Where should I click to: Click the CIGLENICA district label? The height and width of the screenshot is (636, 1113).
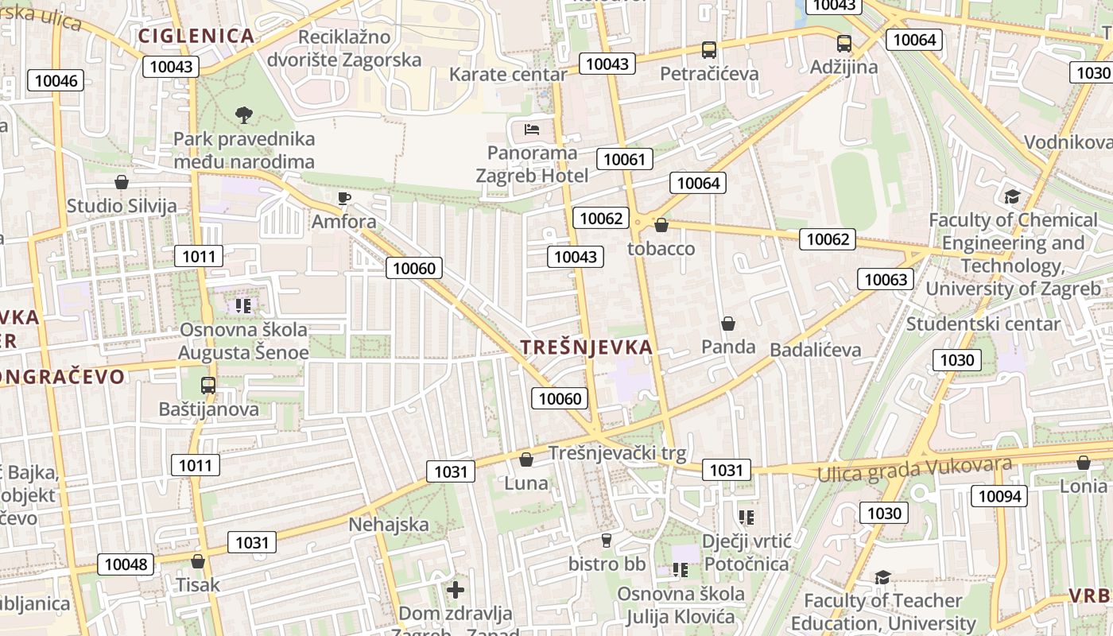[196, 36]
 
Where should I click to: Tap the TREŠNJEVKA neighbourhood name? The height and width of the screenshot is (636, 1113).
[587, 347]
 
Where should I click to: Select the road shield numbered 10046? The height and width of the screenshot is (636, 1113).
[56, 80]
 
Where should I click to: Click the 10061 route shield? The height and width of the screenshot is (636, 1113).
[624, 159]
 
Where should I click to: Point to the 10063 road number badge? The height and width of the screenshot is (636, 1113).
[886, 279]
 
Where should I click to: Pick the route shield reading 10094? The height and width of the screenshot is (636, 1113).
[999, 496]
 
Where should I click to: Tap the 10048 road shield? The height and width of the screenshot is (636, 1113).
[126, 564]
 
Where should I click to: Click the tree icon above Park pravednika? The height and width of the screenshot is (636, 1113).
[244, 115]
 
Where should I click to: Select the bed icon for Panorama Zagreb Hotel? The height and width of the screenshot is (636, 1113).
[532, 129]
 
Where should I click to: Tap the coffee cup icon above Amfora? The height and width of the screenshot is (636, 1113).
[343, 198]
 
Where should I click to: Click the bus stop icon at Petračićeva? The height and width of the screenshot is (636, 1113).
[709, 50]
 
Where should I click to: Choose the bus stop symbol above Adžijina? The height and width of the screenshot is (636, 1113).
[843, 44]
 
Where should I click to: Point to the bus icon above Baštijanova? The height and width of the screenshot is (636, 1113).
[208, 386]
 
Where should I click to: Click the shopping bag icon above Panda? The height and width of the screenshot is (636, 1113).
[728, 324]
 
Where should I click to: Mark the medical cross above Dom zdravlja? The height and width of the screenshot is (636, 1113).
[456, 590]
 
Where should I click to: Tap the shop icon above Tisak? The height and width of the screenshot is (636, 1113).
[198, 561]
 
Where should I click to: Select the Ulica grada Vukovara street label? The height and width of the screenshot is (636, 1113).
[915, 469]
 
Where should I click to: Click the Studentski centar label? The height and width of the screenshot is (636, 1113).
[983, 324]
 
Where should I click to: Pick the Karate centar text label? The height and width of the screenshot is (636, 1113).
[508, 75]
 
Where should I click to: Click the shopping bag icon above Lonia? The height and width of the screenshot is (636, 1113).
[1083, 463]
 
